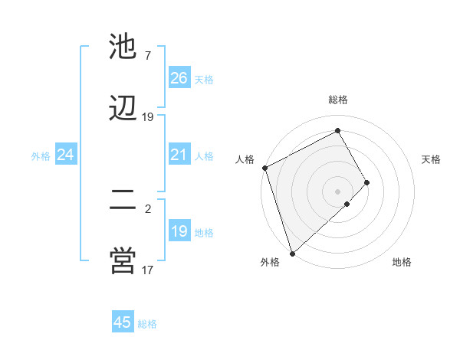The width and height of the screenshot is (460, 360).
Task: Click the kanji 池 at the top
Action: coord(123,47)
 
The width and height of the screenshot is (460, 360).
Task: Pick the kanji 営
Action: coord(123,260)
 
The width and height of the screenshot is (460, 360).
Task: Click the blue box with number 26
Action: coord(179,77)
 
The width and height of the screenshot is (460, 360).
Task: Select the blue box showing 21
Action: coord(179,155)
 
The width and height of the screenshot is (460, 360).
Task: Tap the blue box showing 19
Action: coord(179,231)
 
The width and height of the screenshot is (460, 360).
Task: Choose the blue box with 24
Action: coord(66,155)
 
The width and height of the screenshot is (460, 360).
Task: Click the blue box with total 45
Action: coord(123,322)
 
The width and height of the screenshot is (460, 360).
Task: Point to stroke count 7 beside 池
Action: coord(148,55)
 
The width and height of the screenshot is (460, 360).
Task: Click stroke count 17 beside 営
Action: coord(148,270)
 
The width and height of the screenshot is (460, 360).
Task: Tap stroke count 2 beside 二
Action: coord(148,208)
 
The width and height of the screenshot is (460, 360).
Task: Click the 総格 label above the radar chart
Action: coord(338,100)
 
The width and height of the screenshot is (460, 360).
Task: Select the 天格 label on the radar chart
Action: coord(431,159)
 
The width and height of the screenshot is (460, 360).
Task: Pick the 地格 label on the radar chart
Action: coord(402,262)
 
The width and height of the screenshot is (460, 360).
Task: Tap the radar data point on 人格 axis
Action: coord(264,168)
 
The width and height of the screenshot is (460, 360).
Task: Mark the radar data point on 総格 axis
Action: coord(338,130)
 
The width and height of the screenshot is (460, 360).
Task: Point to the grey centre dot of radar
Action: coord(338,190)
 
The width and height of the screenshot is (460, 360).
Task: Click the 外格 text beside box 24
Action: coord(41,155)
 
